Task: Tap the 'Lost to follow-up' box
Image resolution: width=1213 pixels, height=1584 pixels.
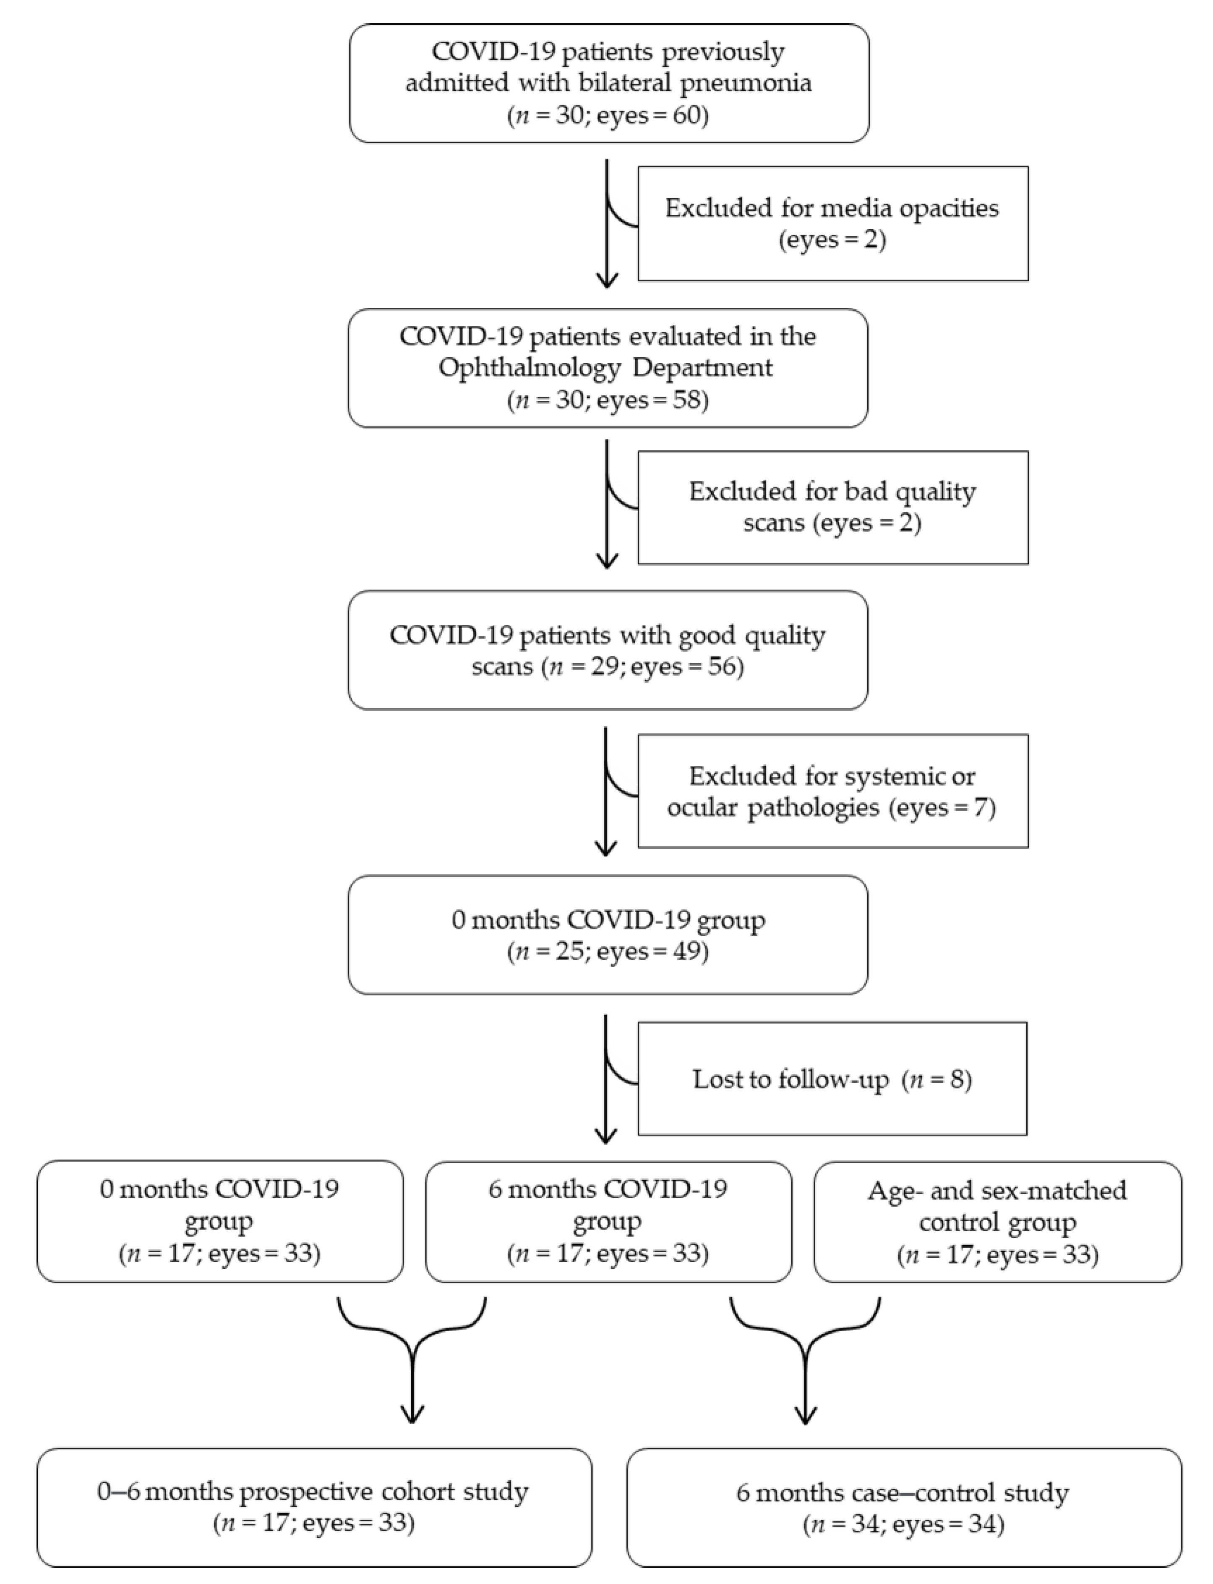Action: (832, 1079)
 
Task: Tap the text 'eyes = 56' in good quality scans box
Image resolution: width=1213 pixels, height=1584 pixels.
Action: (686, 666)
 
